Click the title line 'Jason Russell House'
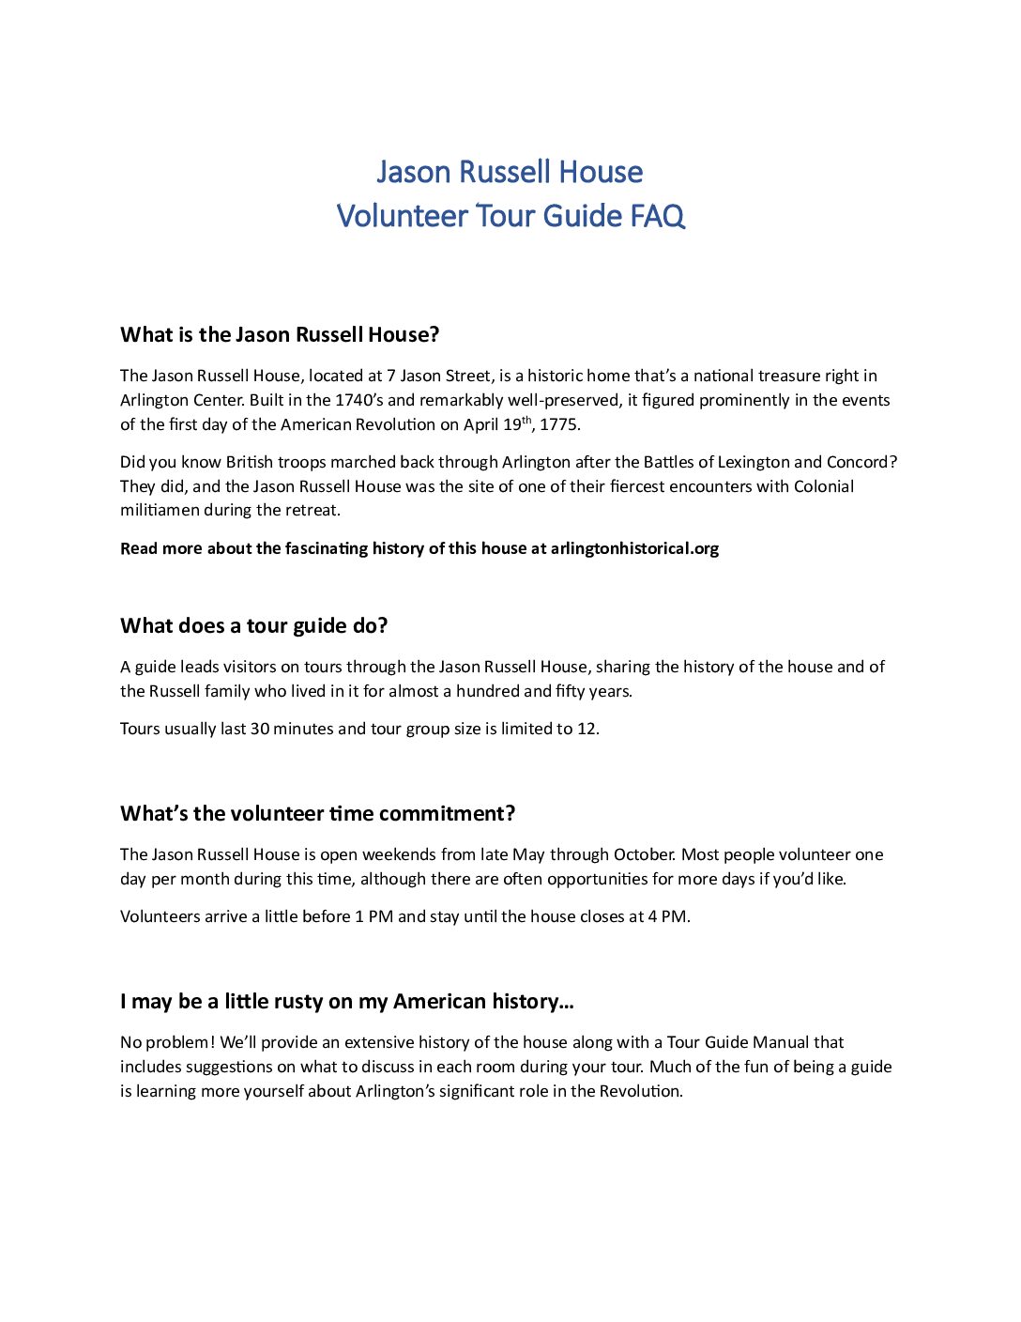510,172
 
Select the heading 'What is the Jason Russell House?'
280,335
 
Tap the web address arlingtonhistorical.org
634,548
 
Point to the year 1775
559,424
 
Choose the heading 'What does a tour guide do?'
253,626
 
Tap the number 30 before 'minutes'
259,729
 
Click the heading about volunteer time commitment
317,814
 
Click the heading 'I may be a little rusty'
346,1002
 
